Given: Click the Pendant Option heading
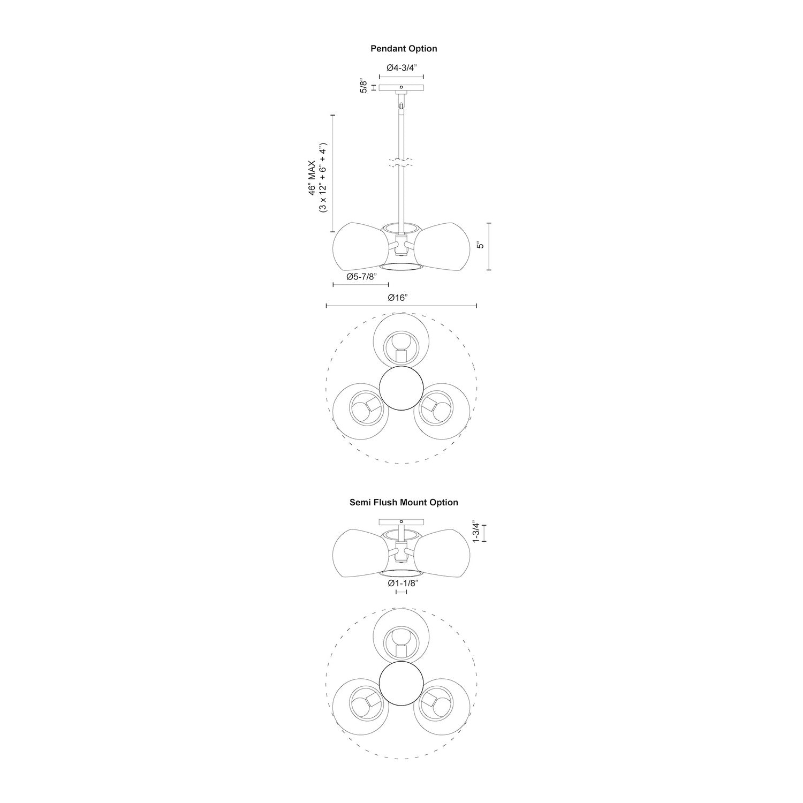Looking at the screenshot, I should point(404,49).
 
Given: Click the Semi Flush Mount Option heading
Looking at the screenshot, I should point(404,503).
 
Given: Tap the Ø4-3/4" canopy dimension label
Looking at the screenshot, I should point(401,68).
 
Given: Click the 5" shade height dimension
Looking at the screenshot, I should point(480,246).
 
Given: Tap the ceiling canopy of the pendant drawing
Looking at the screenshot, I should point(401,87).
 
